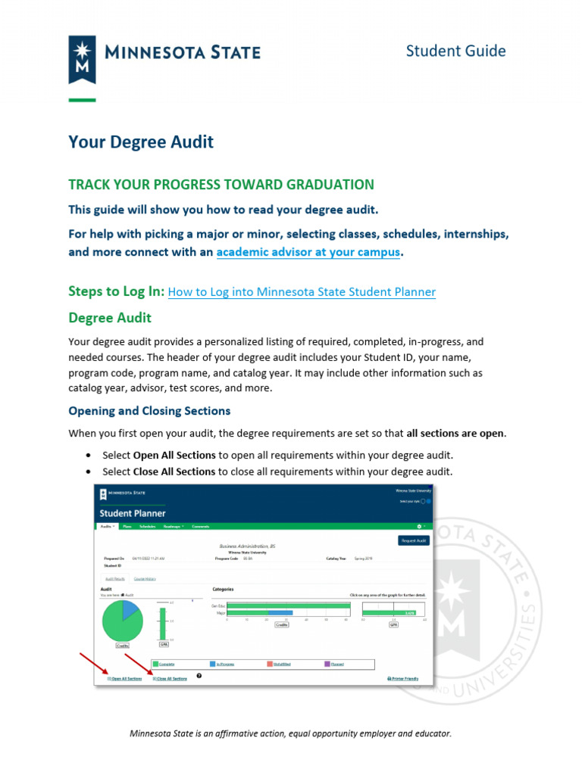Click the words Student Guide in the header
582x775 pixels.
pos(455,51)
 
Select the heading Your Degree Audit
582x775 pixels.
pos(141,142)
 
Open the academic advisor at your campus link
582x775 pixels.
pos(308,252)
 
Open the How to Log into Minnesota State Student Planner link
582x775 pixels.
pos(302,292)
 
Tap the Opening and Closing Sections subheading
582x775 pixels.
pos(149,411)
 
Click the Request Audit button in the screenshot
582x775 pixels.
pos(414,540)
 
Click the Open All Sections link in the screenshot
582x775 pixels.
pos(126,679)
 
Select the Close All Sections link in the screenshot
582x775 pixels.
pos(171,679)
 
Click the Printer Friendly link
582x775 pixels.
pos(402,679)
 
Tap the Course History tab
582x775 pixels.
pos(145,579)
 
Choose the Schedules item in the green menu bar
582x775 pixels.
pos(147,526)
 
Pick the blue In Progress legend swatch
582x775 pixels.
pos(214,664)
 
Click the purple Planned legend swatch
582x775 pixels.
pos(327,664)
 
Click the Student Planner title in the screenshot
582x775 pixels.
pos(132,513)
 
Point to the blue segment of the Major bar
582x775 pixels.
pos(280,612)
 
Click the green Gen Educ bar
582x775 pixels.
pos(288,605)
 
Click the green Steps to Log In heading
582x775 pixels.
pos(116,291)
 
